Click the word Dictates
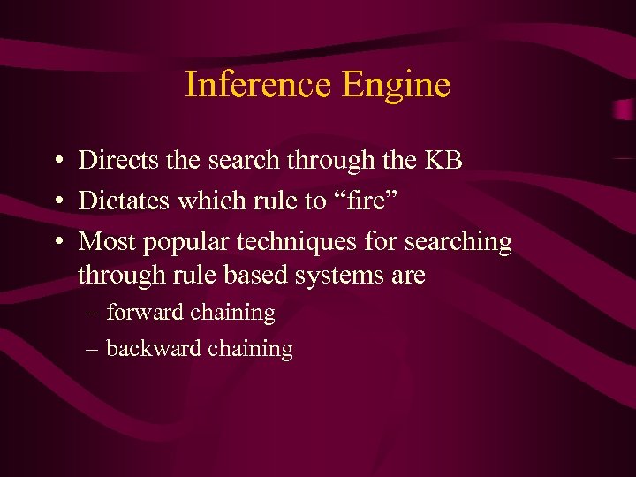125,201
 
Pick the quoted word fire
367,201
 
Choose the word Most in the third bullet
104,241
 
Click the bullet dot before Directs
56,161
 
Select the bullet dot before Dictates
56,201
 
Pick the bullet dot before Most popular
56,242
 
